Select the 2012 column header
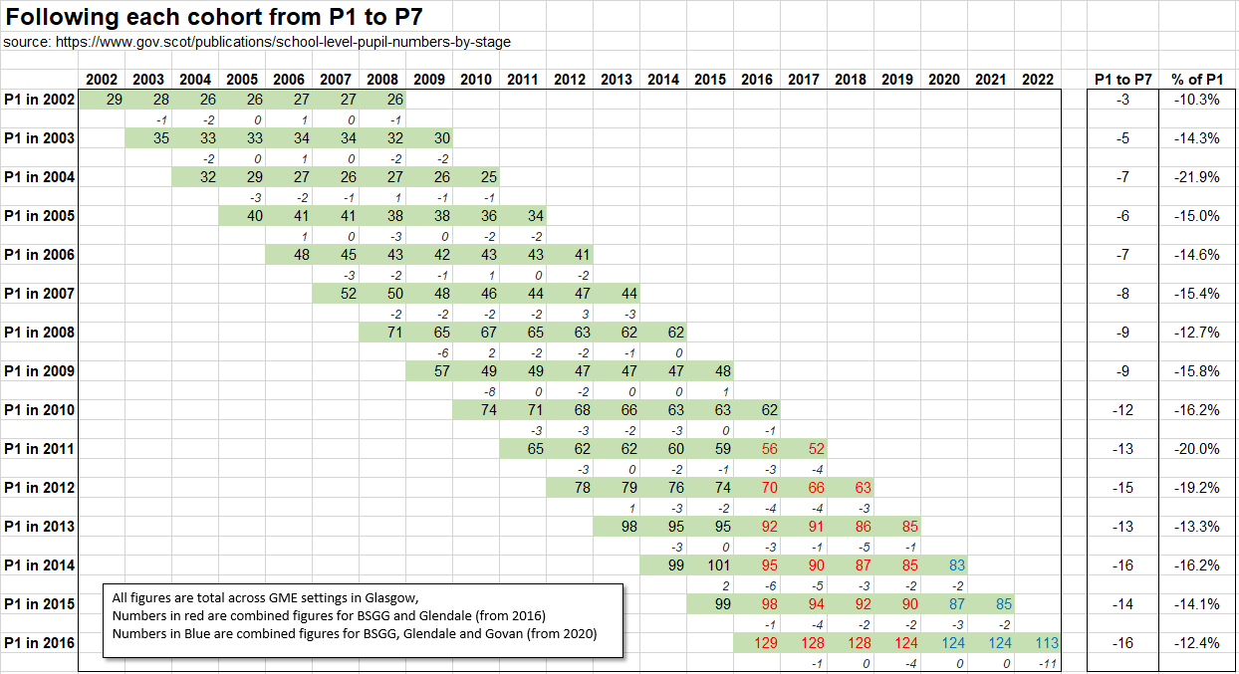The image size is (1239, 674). coord(570,80)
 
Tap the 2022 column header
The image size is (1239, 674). coord(1038,80)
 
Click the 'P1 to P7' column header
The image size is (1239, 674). coord(1122,80)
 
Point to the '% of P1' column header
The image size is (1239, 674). coord(1196,80)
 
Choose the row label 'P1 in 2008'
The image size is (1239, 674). coord(39,333)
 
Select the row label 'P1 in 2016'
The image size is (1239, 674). coord(39,643)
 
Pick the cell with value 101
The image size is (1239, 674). coord(710,565)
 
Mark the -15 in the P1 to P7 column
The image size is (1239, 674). coord(1122,488)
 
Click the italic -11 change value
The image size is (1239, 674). coord(1046,663)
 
